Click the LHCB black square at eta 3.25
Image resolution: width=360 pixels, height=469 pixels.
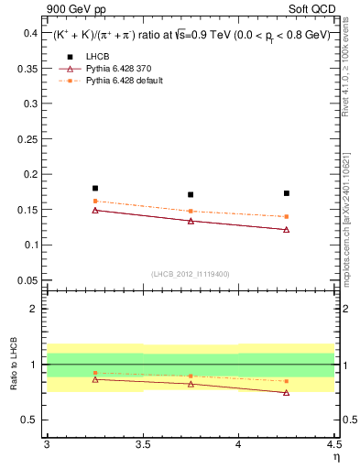click(95, 188)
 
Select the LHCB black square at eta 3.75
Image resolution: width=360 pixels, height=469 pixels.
click(191, 194)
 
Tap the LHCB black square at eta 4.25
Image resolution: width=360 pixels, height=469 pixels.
click(287, 193)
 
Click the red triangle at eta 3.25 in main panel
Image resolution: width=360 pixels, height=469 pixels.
click(95, 210)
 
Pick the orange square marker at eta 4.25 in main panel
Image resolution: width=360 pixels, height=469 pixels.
click(287, 217)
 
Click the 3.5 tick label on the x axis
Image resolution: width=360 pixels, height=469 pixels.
click(143, 445)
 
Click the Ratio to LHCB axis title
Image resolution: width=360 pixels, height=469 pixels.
click(13, 365)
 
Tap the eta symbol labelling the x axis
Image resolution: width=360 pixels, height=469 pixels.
click(335, 456)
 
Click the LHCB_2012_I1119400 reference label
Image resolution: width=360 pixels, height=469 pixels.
click(191, 274)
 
